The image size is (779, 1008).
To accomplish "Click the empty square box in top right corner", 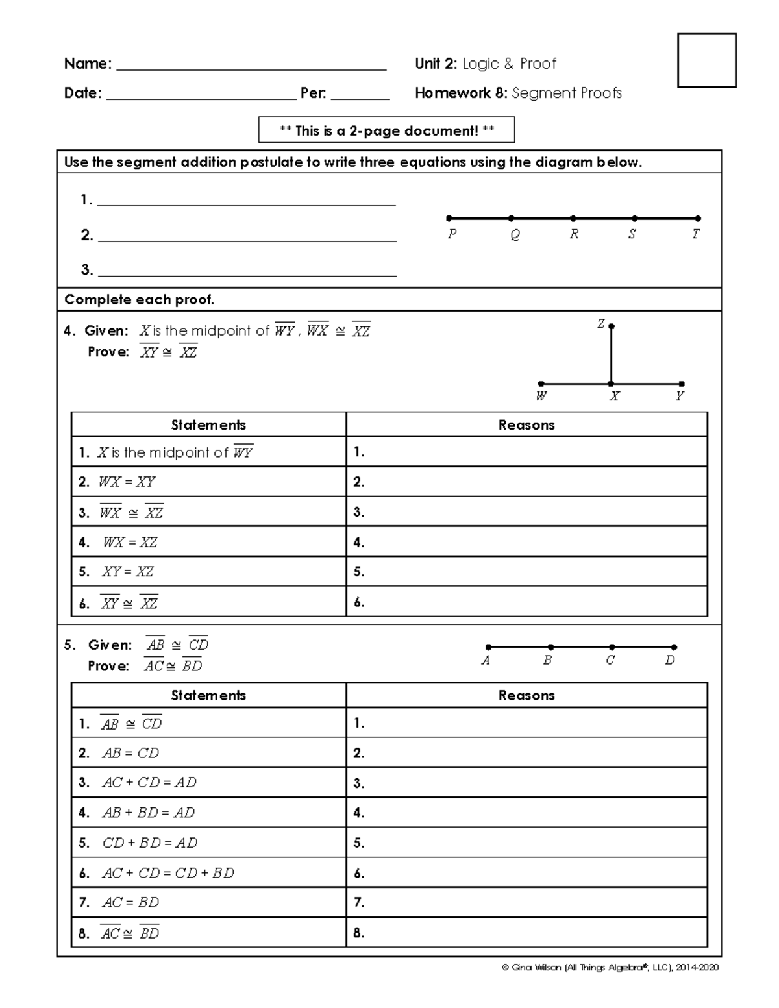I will tap(706, 60).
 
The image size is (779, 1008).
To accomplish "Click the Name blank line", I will tap(250, 65).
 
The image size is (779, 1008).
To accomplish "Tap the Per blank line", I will tap(360, 95).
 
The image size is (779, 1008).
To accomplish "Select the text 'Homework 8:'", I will tap(461, 93).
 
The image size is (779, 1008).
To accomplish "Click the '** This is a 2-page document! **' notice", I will tap(386, 130).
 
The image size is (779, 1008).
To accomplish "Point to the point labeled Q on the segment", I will tap(512, 219).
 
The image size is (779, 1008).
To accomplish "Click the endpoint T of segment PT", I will tap(698, 219).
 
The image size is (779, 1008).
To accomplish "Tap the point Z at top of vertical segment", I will tap(612, 326).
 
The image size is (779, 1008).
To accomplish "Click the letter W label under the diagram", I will tap(541, 396).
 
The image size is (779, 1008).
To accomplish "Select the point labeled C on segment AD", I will tap(612, 647).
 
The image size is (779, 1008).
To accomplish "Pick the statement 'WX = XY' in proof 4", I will tap(127, 482).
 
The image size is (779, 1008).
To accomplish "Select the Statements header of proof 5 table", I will tap(208, 695).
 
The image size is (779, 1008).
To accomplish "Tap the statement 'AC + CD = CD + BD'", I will tap(167, 873).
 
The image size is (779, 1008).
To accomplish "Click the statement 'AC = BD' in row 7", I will tap(130, 902).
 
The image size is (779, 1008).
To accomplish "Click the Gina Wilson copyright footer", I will tap(610, 968).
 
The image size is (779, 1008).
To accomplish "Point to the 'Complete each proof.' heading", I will tap(139, 300).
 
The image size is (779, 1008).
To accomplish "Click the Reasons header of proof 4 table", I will tap(526, 425).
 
